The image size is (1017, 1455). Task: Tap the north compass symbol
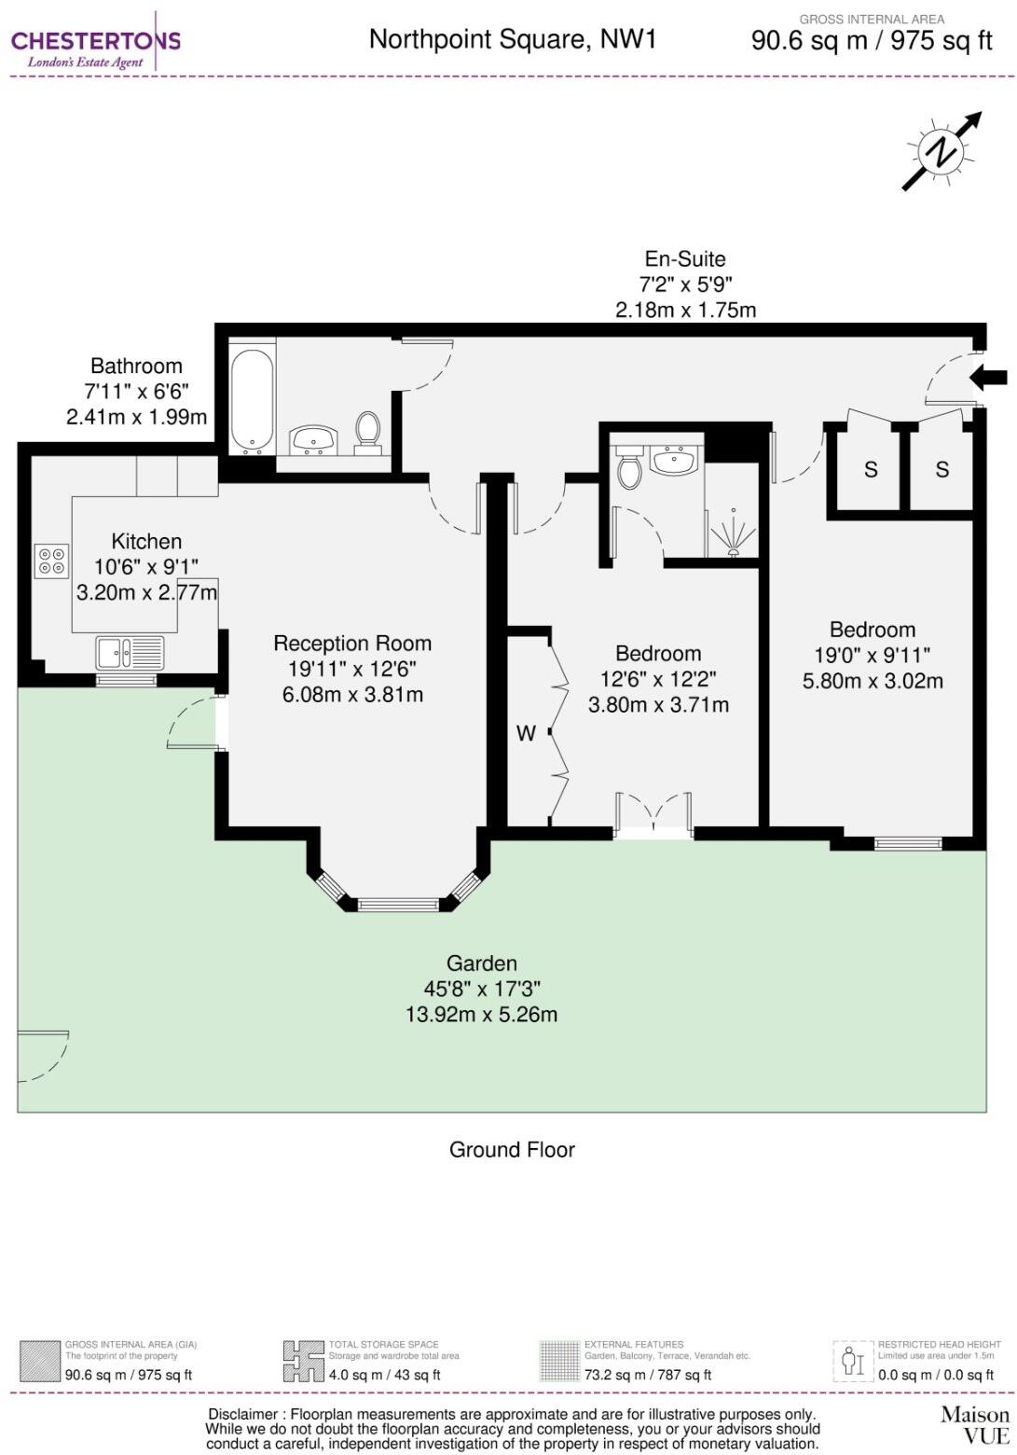(x=941, y=151)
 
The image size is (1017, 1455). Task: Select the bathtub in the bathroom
(x=252, y=399)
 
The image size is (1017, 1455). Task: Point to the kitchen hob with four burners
(x=52, y=560)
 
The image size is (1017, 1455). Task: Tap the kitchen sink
(x=130, y=652)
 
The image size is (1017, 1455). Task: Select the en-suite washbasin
(x=674, y=461)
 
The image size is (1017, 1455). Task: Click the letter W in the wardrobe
(x=526, y=733)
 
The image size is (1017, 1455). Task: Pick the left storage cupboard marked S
(x=870, y=469)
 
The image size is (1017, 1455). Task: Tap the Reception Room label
(x=351, y=644)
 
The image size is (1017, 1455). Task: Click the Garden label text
(x=481, y=963)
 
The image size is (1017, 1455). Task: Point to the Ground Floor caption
(x=512, y=1149)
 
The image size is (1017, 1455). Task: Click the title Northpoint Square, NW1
(x=513, y=39)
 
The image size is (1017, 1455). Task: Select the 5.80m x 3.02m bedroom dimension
(x=873, y=681)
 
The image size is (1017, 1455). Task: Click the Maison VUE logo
(x=974, y=1424)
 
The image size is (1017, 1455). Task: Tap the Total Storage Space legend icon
(x=303, y=1362)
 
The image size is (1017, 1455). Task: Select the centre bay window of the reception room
(x=398, y=903)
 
